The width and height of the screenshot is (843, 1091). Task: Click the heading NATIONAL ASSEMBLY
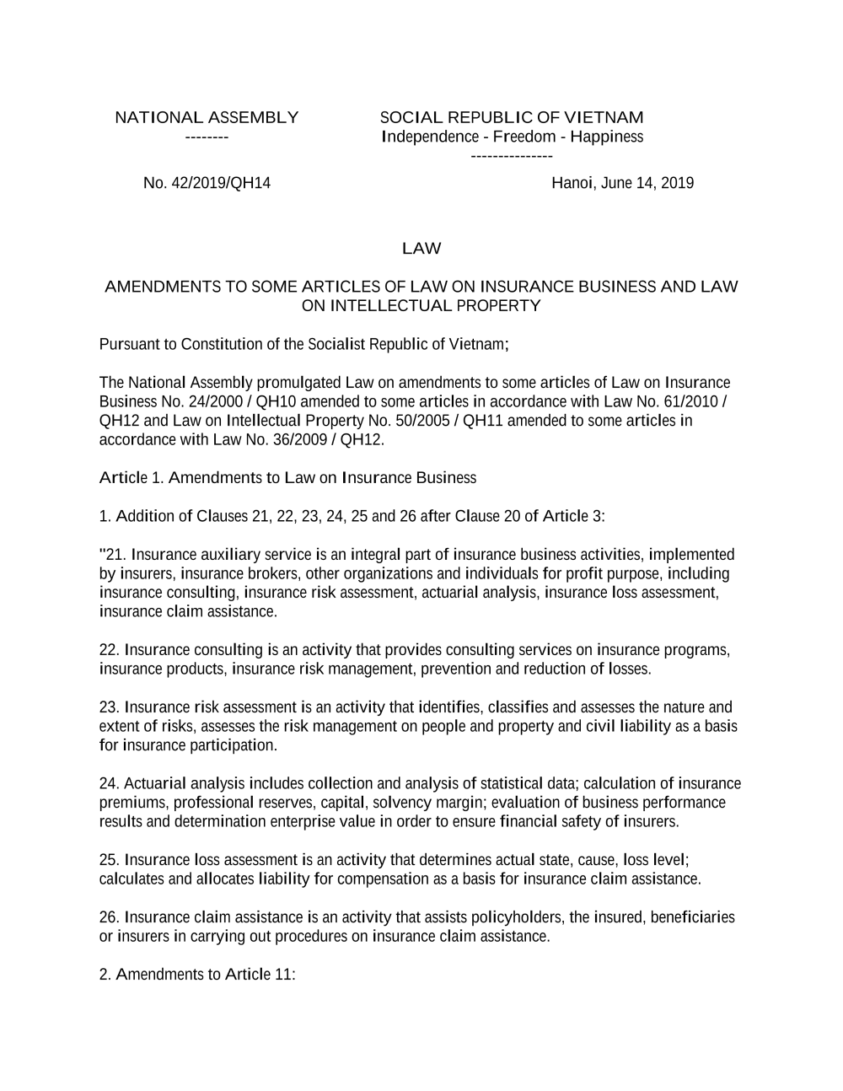click(207, 117)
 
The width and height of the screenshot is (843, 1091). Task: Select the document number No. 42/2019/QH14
click(207, 183)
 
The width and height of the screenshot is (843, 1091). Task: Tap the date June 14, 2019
click(647, 183)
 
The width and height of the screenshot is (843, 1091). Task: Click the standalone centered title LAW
click(421, 249)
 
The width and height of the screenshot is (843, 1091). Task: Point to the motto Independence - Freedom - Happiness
click(512, 137)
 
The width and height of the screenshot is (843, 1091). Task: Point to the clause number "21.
click(113, 555)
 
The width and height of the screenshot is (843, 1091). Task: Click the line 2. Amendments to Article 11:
click(197, 975)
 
